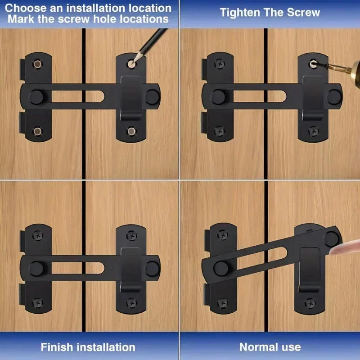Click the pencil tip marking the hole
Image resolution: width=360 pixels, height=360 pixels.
point(134,62)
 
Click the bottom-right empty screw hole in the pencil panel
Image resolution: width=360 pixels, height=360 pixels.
point(131,131)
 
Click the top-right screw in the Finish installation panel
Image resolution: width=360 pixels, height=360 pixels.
point(131,234)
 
